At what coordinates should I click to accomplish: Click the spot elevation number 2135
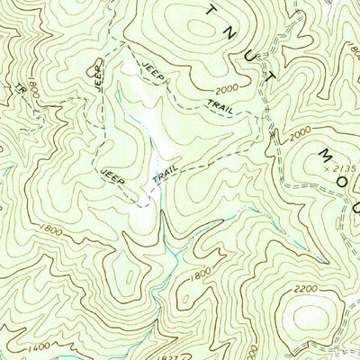[x=342, y=167]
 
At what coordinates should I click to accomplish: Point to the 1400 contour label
[x=38, y=346]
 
